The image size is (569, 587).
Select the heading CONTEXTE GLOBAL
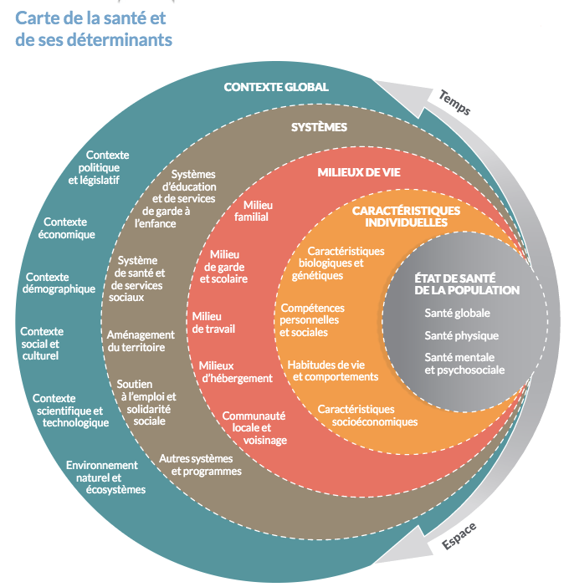pyautogui.click(x=275, y=87)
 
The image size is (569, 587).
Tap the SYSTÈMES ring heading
pyautogui.click(x=318, y=127)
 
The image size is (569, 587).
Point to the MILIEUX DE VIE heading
pyautogui.click(x=358, y=172)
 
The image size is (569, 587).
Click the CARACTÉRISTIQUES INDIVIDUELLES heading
pyautogui.click(x=406, y=217)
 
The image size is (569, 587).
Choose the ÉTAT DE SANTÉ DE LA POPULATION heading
pyautogui.click(x=467, y=284)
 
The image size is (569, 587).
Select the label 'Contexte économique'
pyautogui.click(x=69, y=227)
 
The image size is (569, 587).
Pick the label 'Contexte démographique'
pyautogui.click(x=60, y=283)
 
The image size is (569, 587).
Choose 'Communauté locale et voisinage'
pyautogui.click(x=254, y=427)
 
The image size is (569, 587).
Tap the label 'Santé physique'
pyautogui.click(x=461, y=335)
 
